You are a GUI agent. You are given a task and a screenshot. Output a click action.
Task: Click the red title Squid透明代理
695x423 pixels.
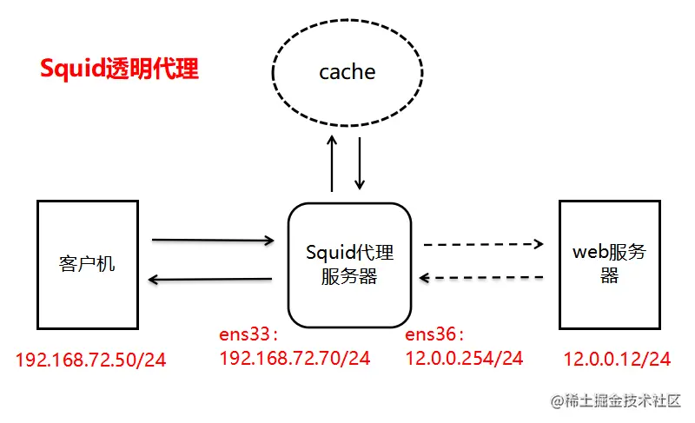tap(120, 69)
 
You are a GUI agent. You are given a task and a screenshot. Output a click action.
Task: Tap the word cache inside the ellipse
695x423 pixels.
tap(347, 72)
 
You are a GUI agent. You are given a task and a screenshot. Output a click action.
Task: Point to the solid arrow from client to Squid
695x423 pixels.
tap(213, 239)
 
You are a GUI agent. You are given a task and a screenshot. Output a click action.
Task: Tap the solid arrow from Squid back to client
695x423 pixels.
tap(213, 280)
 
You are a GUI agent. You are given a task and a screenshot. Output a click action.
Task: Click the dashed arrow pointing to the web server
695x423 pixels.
tap(483, 244)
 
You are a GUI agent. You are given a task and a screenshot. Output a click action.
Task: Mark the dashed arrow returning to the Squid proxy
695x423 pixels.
tap(483, 278)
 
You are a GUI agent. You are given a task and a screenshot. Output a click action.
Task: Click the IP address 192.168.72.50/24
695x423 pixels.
tap(90, 359)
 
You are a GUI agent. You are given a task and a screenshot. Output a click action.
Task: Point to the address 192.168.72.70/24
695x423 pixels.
tap(295, 357)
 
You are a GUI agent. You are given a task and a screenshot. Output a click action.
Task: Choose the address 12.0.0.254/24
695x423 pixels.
tap(464, 357)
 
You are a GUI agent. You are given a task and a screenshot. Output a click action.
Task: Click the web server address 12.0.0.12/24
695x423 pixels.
tap(617, 358)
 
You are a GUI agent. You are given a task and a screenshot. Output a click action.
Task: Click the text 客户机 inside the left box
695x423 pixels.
tap(88, 264)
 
